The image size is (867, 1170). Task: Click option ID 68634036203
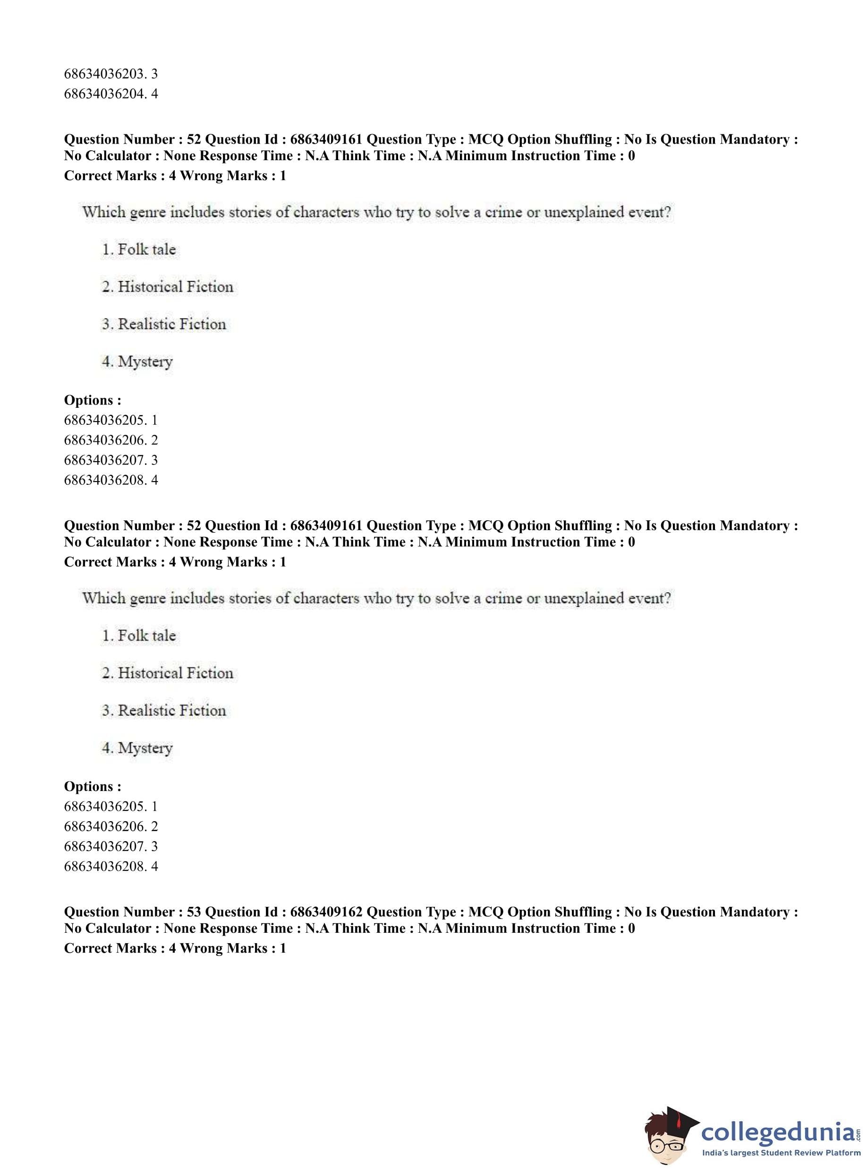point(103,74)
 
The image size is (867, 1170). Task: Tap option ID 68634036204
point(103,94)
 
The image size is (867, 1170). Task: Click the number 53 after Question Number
point(194,912)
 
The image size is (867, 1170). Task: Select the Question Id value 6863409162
point(326,912)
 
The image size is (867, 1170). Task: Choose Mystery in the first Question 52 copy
point(145,362)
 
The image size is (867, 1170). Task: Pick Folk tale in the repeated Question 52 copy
point(146,636)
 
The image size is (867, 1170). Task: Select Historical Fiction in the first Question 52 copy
point(175,287)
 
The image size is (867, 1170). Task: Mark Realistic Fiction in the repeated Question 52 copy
point(171,711)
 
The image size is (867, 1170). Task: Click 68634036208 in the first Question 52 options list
point(103,480)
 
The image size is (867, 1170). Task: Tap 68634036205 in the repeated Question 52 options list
point(103,806)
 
